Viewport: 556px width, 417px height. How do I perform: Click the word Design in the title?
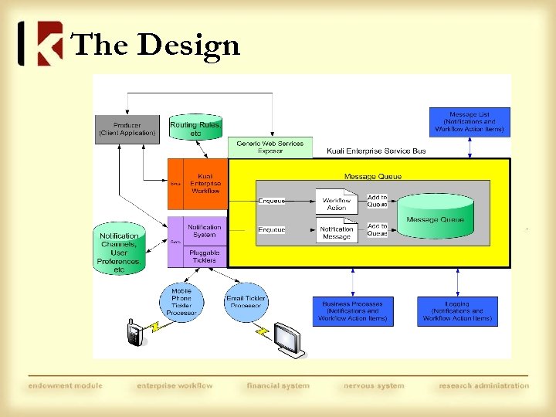188,46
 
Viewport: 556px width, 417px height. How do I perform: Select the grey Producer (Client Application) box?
127,128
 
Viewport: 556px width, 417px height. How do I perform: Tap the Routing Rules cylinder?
195,128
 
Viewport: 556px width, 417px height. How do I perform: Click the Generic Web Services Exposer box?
270,147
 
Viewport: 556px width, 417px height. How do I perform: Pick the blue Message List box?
470,122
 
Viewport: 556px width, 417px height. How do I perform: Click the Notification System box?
205,231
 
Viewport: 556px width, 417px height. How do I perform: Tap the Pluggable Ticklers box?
205,256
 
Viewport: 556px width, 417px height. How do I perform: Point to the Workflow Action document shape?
337,203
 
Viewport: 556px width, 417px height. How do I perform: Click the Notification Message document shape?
337,232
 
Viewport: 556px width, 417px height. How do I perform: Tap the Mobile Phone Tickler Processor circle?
181,302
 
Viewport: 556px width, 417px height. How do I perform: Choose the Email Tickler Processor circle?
246,302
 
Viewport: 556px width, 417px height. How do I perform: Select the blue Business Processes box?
352,310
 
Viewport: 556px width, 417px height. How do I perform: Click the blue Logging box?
457,310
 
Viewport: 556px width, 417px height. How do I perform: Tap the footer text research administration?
483,385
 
